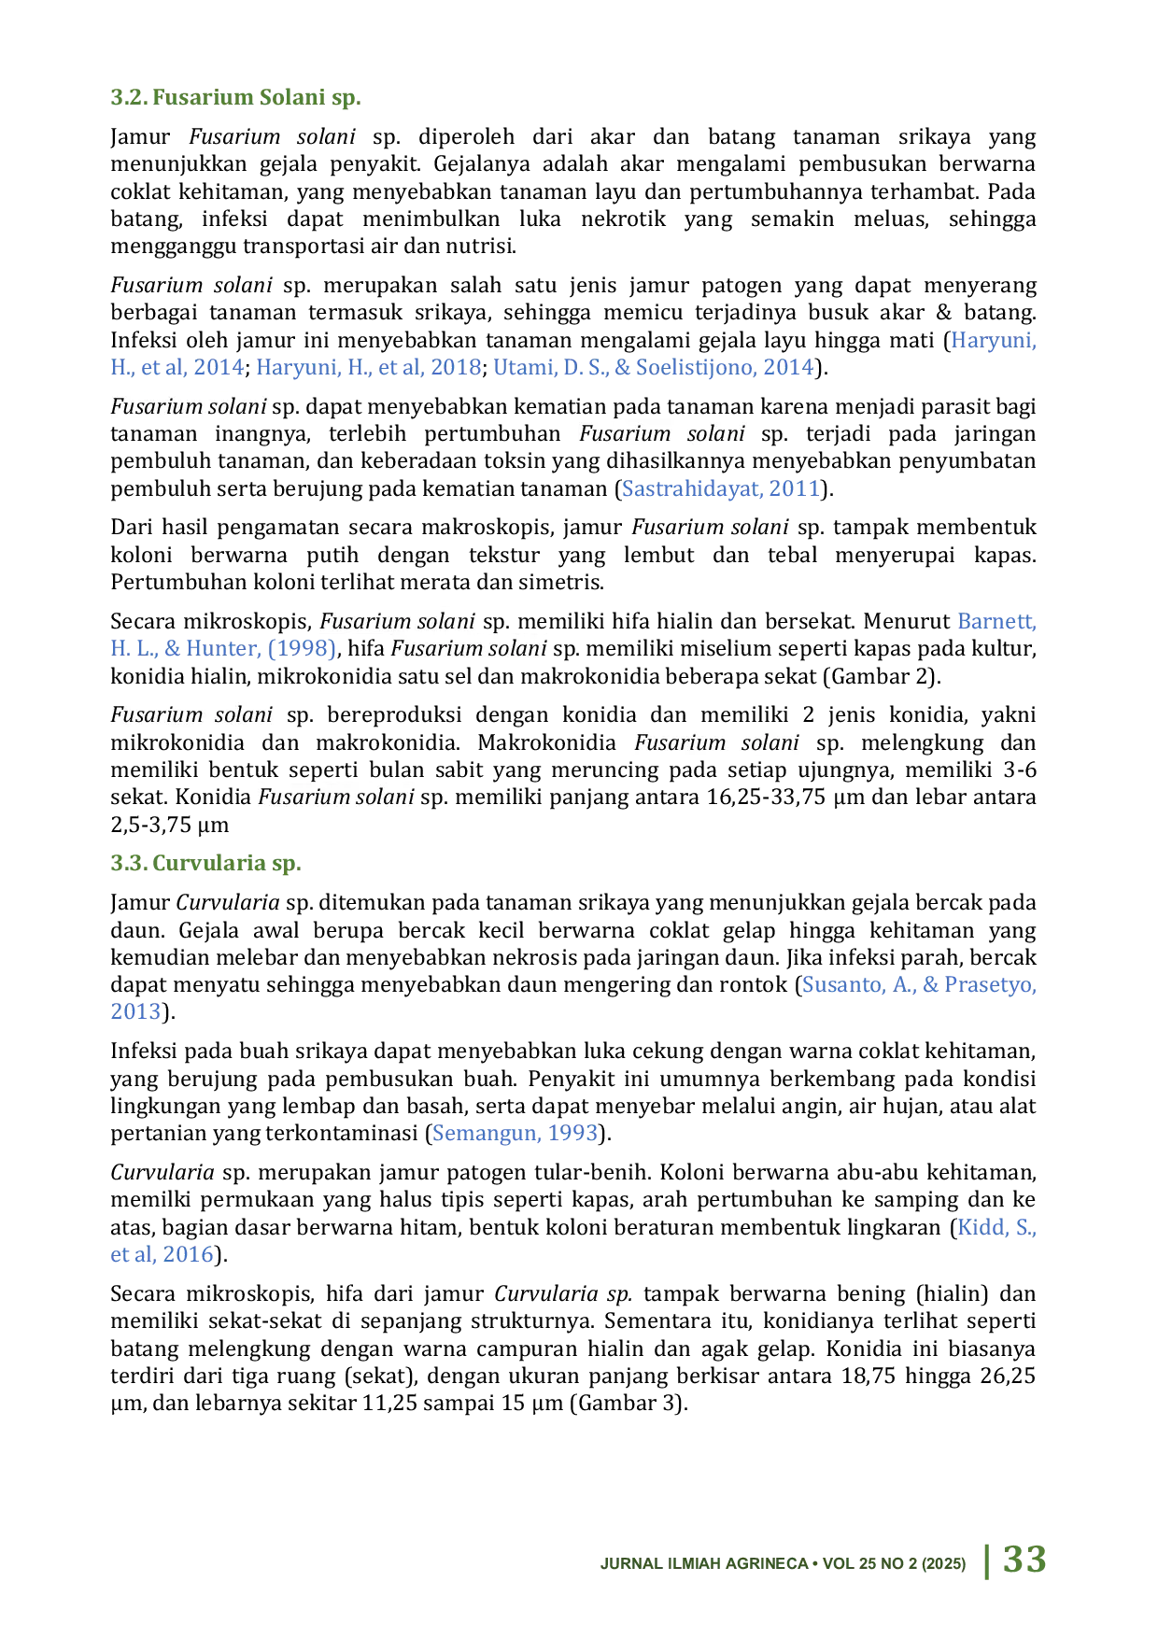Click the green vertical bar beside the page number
[984, 1560]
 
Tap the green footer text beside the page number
[784, 1565]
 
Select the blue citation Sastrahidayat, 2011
[720, 488]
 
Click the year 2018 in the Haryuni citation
[457, 369]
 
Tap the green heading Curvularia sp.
[205, 863]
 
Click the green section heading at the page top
[233, 95]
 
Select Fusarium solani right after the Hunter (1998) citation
[468, 648]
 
